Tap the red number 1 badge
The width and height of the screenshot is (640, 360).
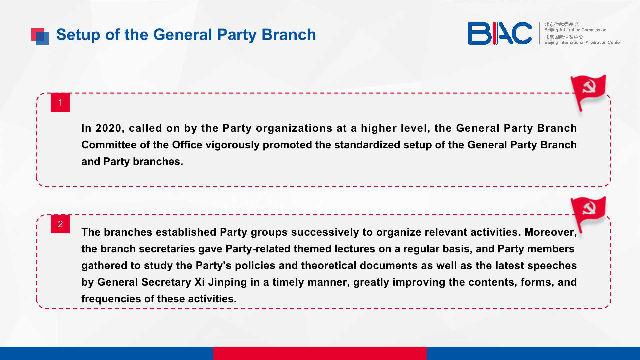60,102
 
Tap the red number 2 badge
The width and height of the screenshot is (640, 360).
60,224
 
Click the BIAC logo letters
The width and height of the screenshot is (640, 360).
500,33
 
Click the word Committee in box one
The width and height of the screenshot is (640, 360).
109,145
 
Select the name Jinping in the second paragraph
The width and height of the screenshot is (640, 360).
227,283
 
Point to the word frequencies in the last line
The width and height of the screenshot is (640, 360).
111,299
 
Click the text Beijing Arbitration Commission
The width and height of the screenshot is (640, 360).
575,30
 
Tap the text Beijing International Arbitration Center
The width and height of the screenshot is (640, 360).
583,42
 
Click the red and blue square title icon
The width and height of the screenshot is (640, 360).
40,36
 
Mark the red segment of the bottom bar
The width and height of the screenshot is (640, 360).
320,353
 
